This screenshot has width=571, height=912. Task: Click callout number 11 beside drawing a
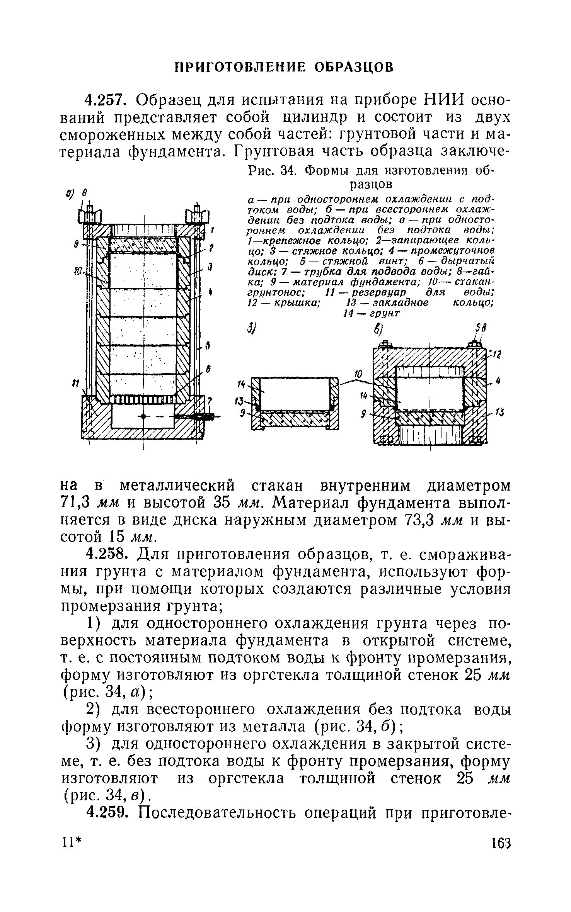(x=76, y=383)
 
